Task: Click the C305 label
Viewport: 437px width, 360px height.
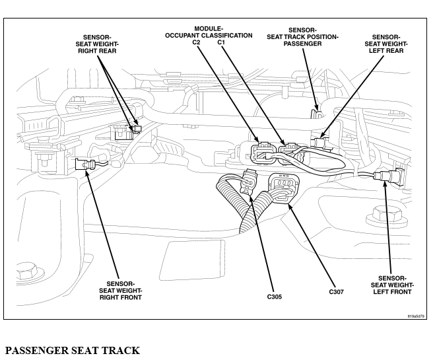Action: pyautogui.click(x=274, y=297)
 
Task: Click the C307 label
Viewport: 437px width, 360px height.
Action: pyautogui.click(x=337, y=292)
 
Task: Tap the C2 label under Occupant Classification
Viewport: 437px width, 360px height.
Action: pyautogui.click(x=196, y=42)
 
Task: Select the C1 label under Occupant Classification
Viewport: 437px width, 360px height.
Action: pyautogui.click(x=221, y=42)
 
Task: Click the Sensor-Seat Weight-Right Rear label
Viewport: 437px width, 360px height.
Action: pyautogui.click(x=97, y=44)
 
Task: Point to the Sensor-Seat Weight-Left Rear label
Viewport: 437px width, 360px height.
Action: pyautogui.click(x=386, y=44)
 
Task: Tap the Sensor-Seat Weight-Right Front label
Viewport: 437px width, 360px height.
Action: pyautogui.click(x=120, y=291)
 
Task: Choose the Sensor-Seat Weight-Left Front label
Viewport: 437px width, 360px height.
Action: pyautogui.click(x=392, y=285)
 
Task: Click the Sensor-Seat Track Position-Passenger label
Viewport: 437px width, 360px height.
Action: pyautogui.click(x=302, y=37)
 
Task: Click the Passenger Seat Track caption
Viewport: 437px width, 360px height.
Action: pyautogui.click(x=73, y=350)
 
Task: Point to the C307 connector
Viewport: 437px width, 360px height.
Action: pyautogui.click(x=283, y=188)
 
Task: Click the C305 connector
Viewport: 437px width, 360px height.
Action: pyautogui.click(x=248, y=182)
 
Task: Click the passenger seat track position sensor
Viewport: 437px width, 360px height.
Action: pyautogui.click(x=316, y=114)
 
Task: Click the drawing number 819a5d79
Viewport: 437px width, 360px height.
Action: pyautogui.click(x=416, y=316)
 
